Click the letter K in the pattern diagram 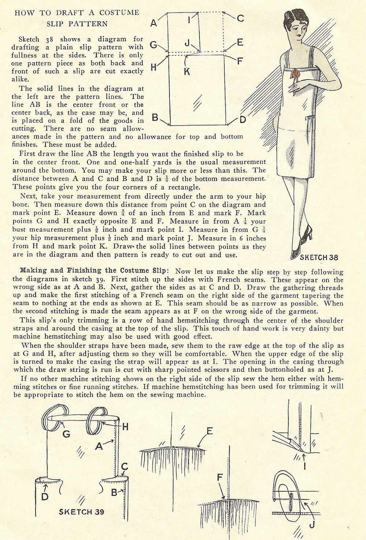(x=187, y=72)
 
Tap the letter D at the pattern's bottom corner (x=243, y=119)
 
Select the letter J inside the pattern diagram (x=187, y=43)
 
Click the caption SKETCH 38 (x=318, y=257)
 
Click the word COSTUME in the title (x=119, y=12)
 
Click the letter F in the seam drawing (x=220, y=477)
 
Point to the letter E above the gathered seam (x=209, y=431)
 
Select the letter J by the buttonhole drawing (x=311, y=525)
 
